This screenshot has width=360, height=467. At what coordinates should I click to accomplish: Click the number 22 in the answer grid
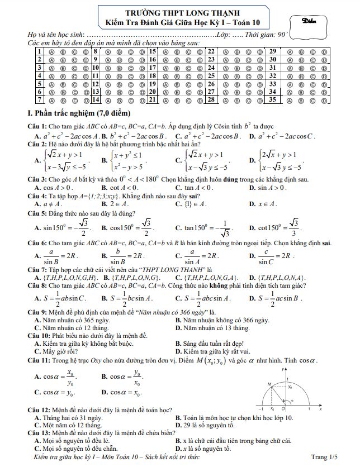pyautogui.click(x=212, y=52)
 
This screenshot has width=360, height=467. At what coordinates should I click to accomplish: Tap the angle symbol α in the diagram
pyautogui.click(x=291, y=401)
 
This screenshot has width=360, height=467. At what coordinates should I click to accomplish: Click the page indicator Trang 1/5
pyautogui.click(x=325, y=457)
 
